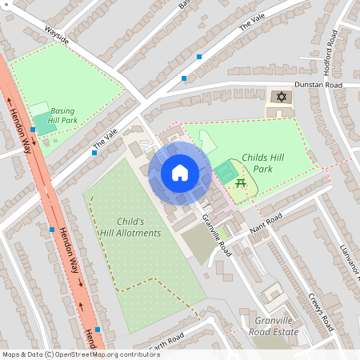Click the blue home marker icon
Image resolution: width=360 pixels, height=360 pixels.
click(x=179, y=172)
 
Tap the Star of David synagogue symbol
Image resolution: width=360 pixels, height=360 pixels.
click(x=280, y=97)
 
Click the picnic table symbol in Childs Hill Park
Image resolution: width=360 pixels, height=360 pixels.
click(x=240, y=183)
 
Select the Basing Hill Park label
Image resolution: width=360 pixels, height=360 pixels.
click(x=62, y=115)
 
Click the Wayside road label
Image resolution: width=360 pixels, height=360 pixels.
click(x=57, y=37)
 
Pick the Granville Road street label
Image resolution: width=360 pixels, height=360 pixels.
click(x=217, y=236)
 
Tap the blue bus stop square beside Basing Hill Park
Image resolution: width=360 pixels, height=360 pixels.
click(x=33, y=130)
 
